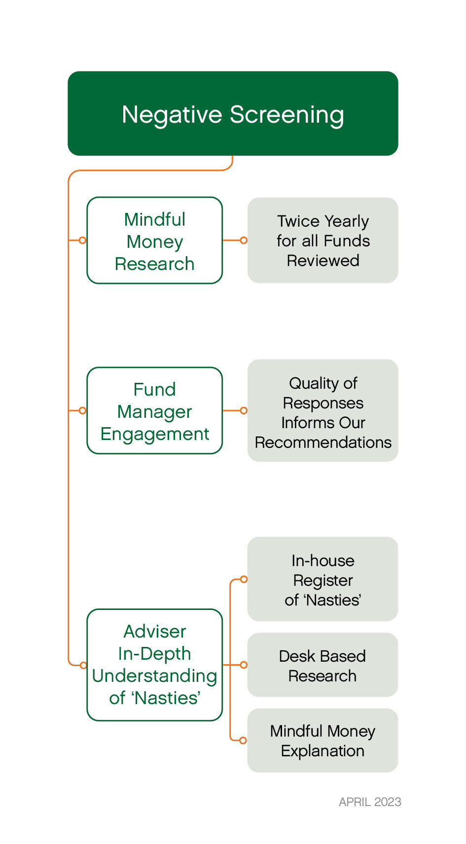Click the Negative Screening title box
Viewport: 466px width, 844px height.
pos(233,113)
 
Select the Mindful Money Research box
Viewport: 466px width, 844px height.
pos(154,240)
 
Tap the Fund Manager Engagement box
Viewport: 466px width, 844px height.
pos(154,410)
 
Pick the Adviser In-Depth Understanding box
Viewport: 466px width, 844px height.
pos(154,665)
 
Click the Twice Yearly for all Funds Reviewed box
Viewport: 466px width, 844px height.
pos(323,240)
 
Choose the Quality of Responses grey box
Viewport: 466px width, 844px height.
pos(323,410)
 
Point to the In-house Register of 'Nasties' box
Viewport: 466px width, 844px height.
pos(323,579)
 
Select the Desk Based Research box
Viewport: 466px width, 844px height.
pos(323,665)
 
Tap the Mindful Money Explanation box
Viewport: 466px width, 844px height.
pos(323,741)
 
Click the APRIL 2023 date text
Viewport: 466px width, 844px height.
pos(370,802)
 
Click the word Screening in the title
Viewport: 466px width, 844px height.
pos(287,115)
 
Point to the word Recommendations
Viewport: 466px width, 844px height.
pos(323,442)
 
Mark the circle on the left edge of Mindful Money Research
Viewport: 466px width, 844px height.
pos(83,240)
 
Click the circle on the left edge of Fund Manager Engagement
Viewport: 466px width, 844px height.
pos(83,410)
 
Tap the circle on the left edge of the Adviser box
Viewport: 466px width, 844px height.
pos(83,665)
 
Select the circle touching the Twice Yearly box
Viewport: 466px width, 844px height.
pos(244,240)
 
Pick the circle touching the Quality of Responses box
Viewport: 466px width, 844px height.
pos(244,410)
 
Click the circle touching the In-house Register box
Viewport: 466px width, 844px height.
pos(244,579)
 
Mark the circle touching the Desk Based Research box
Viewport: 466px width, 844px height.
pos(244,665)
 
